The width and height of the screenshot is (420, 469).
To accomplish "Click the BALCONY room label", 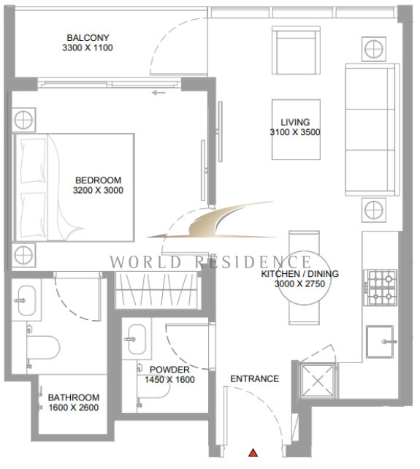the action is tap(88, 38).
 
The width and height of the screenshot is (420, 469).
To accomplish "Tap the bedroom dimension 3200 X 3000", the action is tap(98, 190).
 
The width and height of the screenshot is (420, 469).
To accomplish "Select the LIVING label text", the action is tap(295, 122).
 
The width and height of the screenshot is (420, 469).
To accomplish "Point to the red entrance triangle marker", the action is tap(253, 452).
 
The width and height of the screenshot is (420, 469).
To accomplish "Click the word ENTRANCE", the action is tap(255, 378).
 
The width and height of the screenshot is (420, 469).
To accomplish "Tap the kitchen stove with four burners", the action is tap(381, 288).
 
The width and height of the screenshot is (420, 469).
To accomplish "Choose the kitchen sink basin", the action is tap(381, 342).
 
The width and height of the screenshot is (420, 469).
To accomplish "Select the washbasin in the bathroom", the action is tap(26, 300).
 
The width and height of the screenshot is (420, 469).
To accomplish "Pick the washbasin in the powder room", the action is tap(137, 339).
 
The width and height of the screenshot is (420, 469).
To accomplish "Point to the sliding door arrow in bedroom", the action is tap(159, 93).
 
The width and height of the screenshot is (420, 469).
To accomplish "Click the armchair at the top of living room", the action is tap(296, 50).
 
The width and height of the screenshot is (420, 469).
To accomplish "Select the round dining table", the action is tap(305, 278).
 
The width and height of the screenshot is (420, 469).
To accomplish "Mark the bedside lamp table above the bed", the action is tap(23, 120).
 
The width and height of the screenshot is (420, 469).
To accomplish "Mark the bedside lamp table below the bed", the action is tap(23, 256).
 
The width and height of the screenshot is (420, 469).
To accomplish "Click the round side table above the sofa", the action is tap(374, 49).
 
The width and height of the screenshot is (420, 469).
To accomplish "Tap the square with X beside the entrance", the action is tap(318, 381).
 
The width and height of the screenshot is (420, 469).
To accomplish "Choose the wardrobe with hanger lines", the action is tap(156, 290).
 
